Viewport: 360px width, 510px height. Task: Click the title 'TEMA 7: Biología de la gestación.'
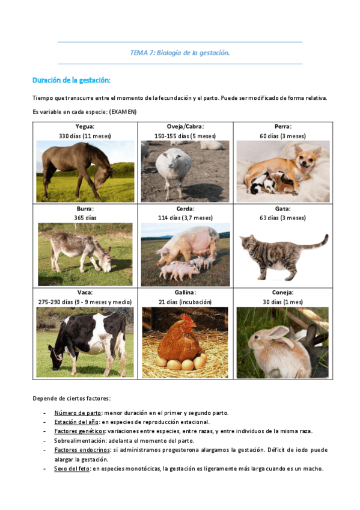click(x=180, y=53)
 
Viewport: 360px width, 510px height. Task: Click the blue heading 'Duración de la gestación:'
click(x=72, y=80)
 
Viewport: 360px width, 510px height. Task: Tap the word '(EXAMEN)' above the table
click(x=123, y=111)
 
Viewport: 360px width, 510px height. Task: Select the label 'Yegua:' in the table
click(x=85, y=127)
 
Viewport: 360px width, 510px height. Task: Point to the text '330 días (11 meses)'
click(x=85, y=136)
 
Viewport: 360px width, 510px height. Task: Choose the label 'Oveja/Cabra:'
click(x=185, y=127)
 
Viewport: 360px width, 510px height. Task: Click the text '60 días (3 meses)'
click(x=281, y=136)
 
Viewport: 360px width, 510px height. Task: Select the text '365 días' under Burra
click(x=85, y=218)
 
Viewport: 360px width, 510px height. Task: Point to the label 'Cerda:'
click(x=185, y=209)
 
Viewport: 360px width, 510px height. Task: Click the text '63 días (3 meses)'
click(x=281, y=218)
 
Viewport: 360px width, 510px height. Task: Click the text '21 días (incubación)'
click(x=185, y=302)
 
